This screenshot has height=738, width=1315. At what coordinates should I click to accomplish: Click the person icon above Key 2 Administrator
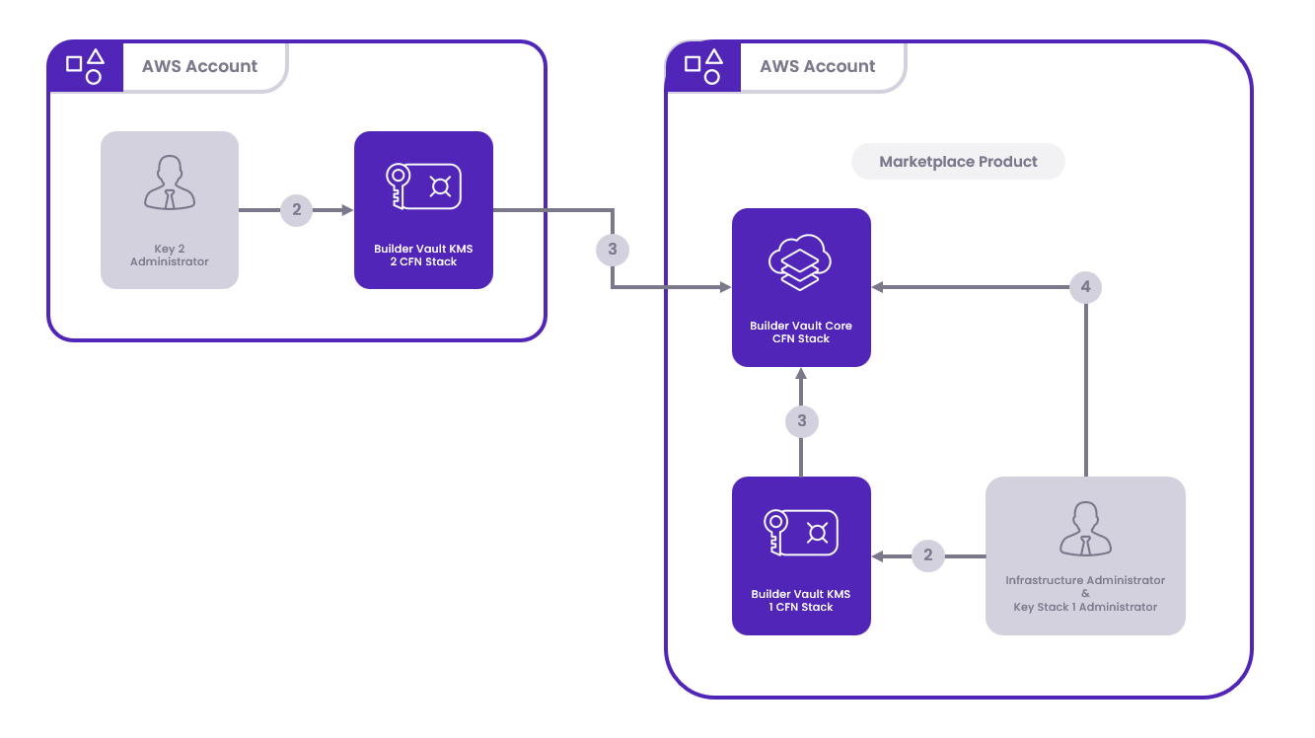[169, 184]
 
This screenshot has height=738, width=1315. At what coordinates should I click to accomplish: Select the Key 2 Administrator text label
[170, 256]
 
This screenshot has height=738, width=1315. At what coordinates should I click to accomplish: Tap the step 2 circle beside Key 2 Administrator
[296, 210]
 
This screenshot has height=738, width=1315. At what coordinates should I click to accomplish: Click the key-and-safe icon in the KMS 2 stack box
[423, 186]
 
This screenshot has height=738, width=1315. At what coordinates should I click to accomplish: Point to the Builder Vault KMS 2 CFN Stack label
[423, 256]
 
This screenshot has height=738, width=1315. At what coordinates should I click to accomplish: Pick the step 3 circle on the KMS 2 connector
[612, 250]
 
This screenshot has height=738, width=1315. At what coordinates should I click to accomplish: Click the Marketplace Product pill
[958, 162]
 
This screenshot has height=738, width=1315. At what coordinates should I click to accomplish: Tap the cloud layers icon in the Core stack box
[800, 262]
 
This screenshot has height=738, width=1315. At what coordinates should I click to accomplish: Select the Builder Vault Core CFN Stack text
[801, 332]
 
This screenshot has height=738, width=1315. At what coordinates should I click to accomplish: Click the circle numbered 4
[1085, 287]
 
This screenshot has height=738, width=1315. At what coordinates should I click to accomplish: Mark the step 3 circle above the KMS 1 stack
[801, 421]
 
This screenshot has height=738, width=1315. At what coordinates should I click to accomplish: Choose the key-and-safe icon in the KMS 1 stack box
[800, 532]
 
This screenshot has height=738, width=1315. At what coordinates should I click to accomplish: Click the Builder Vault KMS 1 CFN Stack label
[801, 601]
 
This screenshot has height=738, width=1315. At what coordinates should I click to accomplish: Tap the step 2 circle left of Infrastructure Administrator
[927, 556]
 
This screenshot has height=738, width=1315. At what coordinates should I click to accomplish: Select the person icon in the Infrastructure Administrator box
[1085, 529]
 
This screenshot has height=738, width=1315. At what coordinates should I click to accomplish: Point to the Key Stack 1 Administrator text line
[1085, 607]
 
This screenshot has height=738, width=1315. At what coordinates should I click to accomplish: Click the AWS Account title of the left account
[199, 66]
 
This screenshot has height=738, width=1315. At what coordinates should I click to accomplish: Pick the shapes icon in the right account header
[702, 66]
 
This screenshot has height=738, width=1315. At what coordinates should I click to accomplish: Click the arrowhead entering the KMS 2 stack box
[347, 210]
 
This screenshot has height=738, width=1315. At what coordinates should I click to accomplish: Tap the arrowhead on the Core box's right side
[877, 287]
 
